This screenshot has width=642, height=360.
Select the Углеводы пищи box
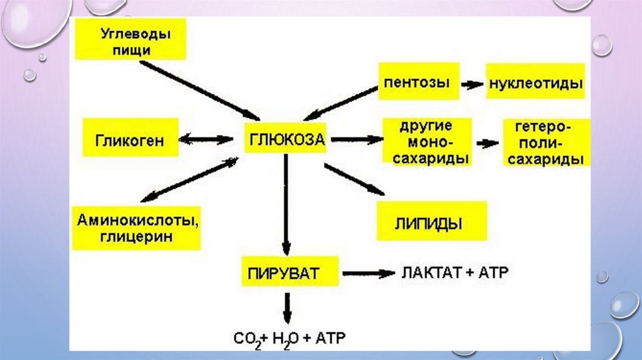[132, 40]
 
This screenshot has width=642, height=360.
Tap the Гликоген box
[130, 140]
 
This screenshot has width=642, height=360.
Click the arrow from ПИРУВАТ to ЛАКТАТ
[367, 273]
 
